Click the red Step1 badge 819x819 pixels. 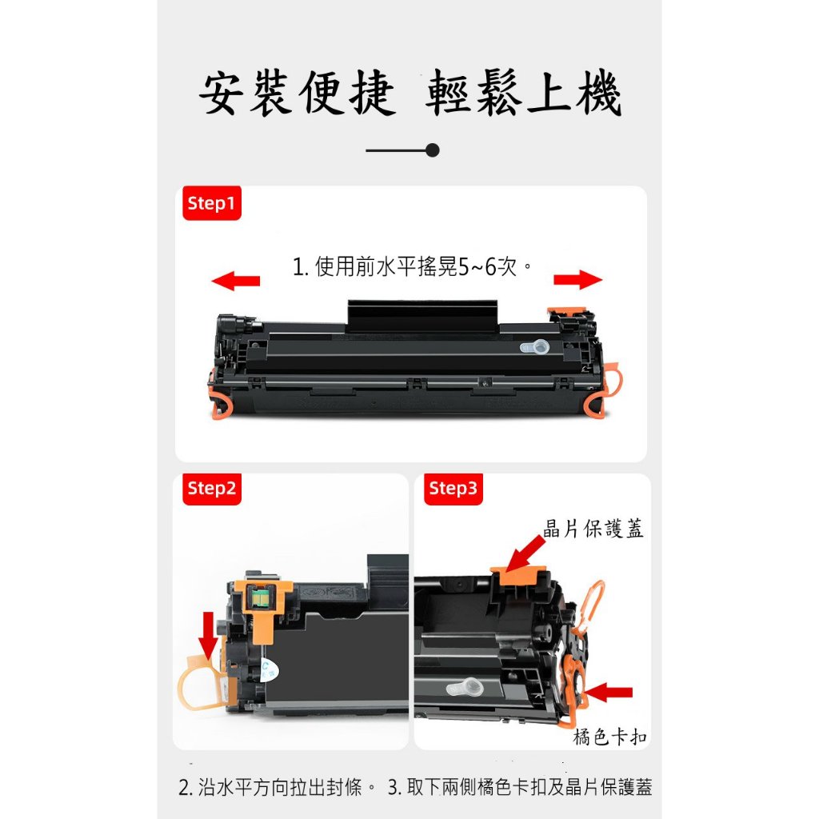211,202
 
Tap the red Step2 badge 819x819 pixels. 211,489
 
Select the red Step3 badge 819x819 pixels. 453,489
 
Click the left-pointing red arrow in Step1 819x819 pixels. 236,281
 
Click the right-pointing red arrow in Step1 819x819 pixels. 577,279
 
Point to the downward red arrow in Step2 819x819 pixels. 209,636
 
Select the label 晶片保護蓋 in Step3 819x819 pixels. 593,528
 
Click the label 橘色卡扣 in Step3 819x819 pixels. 609,737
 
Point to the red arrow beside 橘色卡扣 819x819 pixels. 608,693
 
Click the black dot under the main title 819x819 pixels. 432,150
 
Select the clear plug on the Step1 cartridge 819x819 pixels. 534,346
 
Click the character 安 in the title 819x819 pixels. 222,93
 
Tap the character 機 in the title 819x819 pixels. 598,93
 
